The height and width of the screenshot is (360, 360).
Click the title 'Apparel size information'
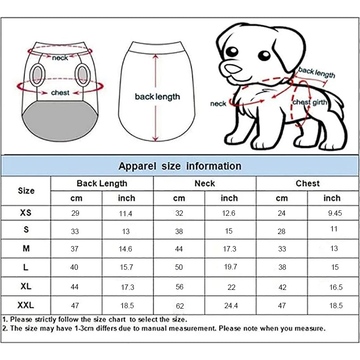180,166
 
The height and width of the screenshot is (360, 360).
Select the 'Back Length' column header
102,183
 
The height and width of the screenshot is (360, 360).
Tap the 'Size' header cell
26,191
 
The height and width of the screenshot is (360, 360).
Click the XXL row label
26,306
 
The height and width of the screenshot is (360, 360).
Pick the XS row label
26,213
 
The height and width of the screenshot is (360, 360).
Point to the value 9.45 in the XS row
335,213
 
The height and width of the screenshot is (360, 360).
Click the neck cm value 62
179,306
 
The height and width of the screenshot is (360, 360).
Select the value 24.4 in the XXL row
231,306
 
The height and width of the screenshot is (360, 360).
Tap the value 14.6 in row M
126,249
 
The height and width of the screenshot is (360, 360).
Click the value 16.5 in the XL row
336,287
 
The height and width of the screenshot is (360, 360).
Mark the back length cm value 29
75,213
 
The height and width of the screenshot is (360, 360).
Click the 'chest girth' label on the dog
310,102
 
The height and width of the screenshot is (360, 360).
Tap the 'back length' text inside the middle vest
157,96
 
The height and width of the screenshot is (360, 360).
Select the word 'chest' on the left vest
60,93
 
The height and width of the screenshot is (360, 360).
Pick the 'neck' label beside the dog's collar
218,104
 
